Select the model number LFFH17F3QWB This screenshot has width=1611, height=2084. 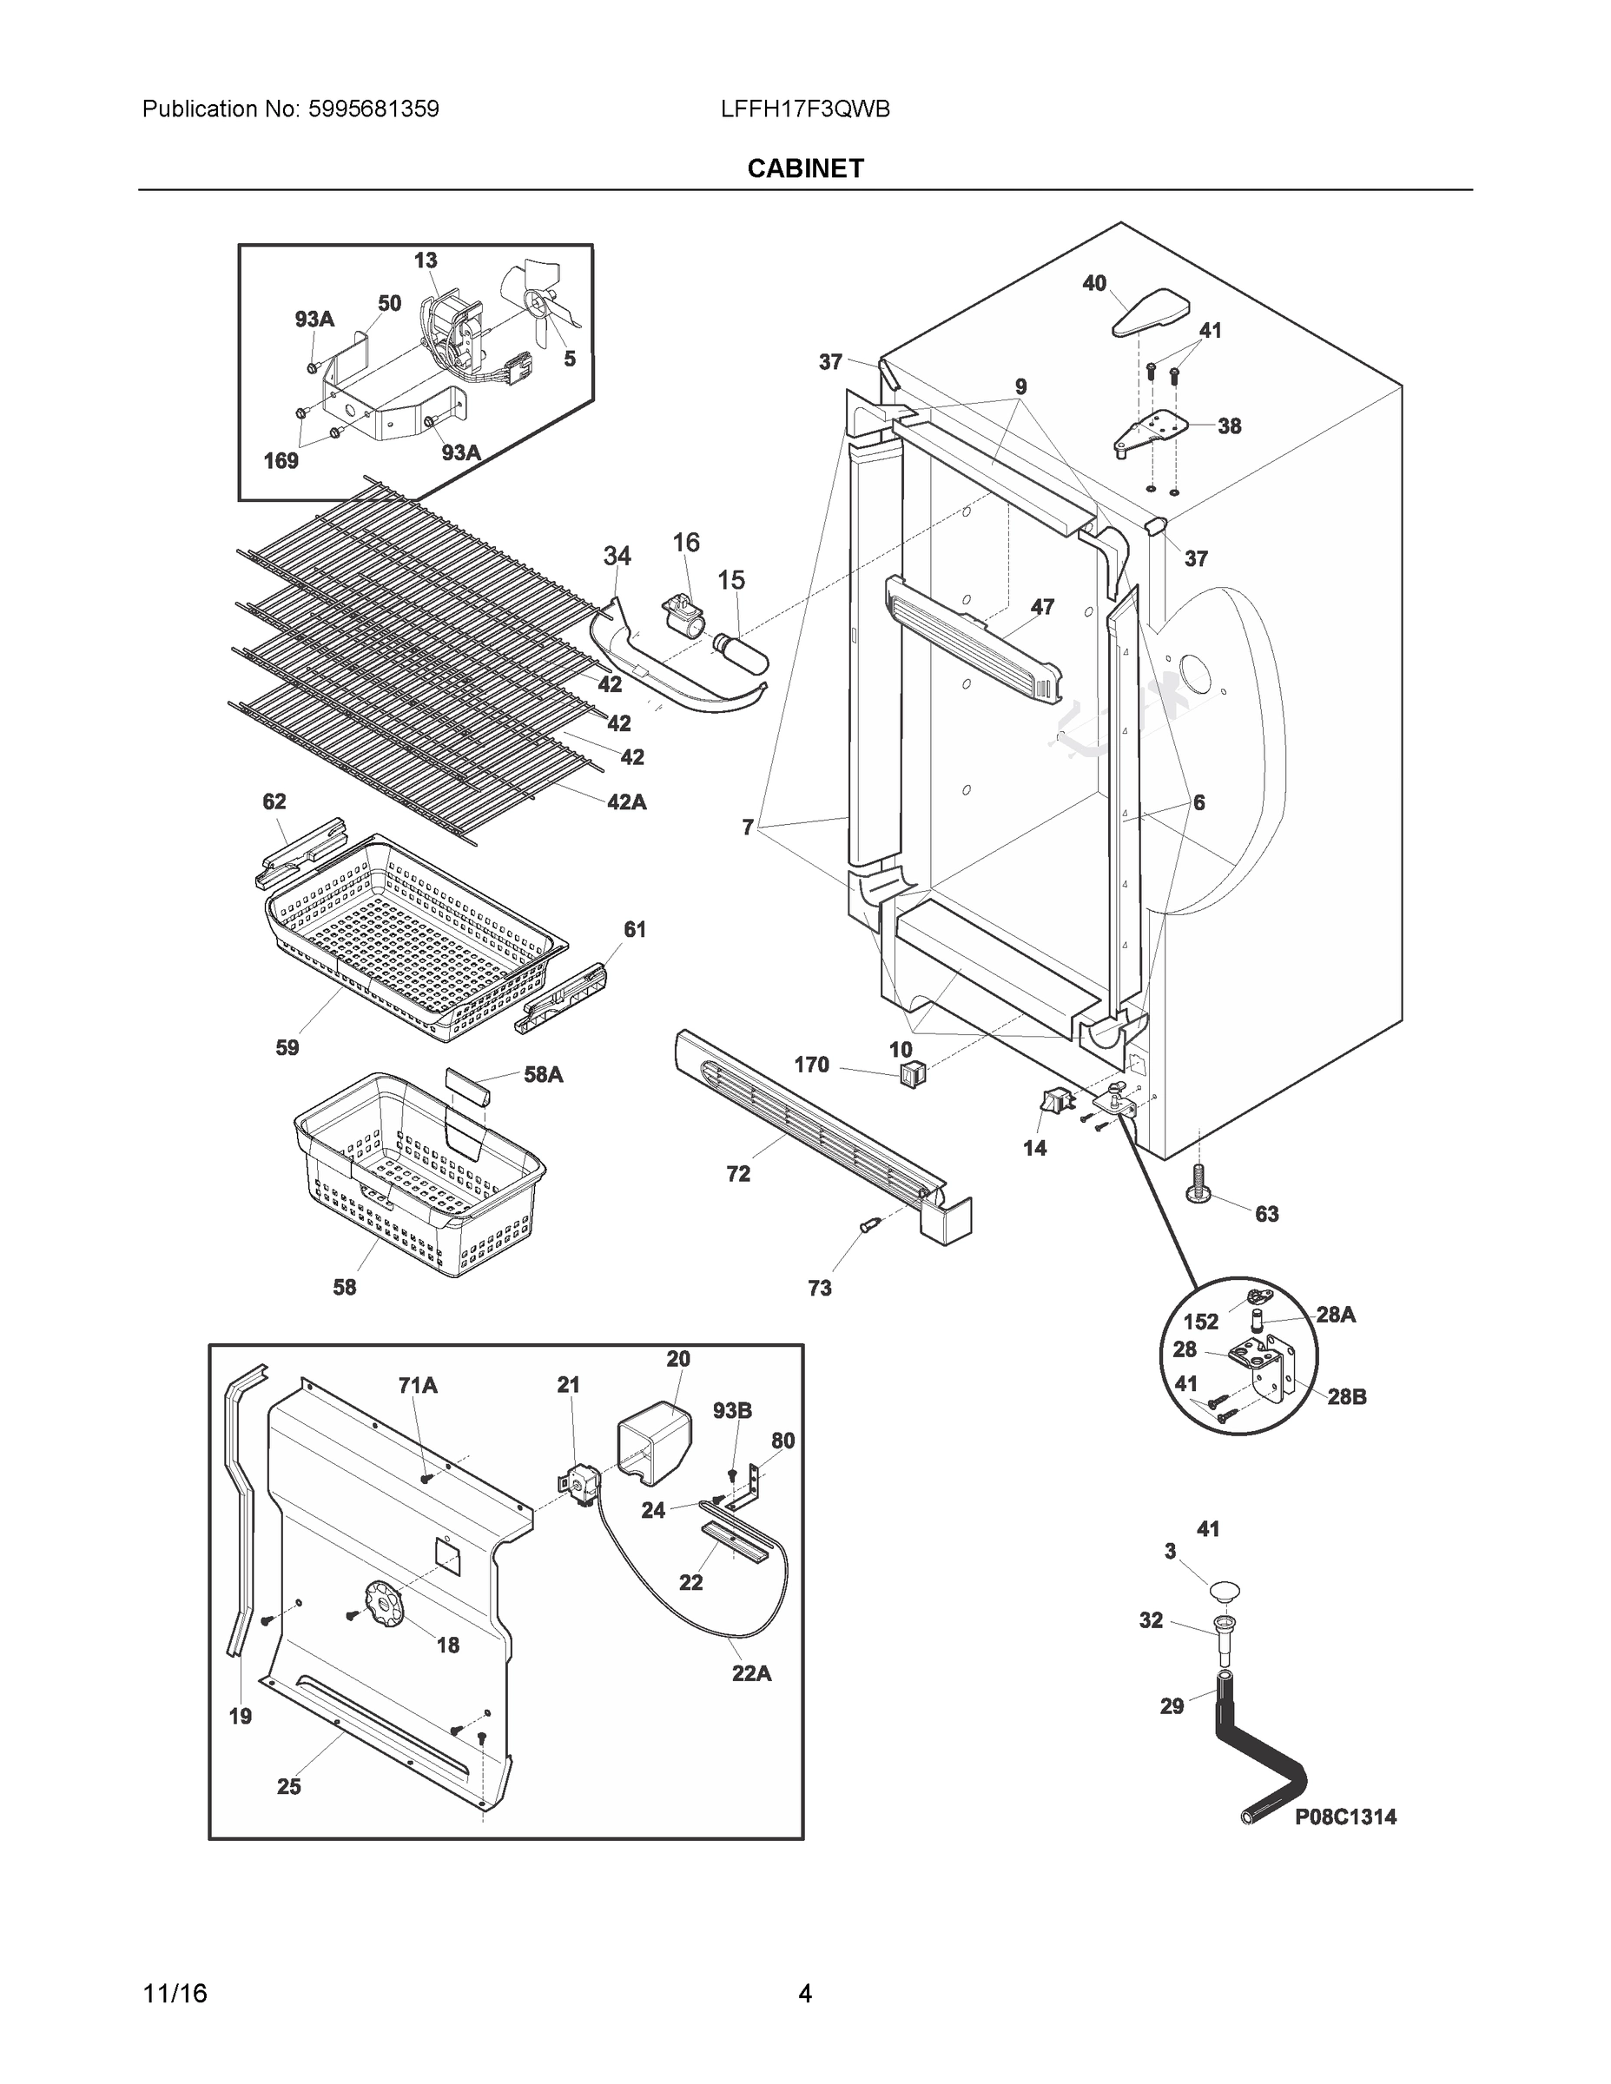click(804, 109)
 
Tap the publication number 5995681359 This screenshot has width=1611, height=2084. click(373, 109)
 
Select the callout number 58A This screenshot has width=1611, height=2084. click(543, 1074)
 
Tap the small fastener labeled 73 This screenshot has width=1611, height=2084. click(868, 1226)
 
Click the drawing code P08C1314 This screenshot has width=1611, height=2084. click(1344, 1817)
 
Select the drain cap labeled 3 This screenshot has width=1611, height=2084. click(1225, 1590)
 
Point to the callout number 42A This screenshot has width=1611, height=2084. click(626, 802)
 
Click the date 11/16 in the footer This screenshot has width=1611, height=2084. click(175, 1994)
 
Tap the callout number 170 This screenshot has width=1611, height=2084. click(811, 1065)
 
